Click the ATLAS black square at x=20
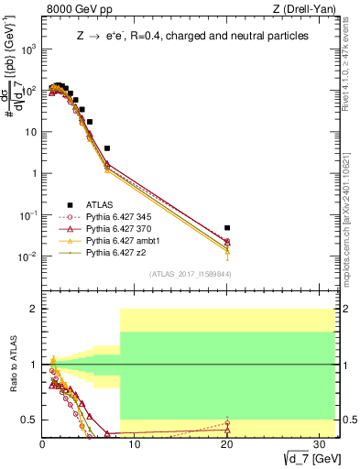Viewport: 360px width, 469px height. tap(227, 227)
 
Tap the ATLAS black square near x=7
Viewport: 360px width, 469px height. tap(107, 147)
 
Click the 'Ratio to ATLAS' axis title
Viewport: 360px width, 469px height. tap(12, 365)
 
